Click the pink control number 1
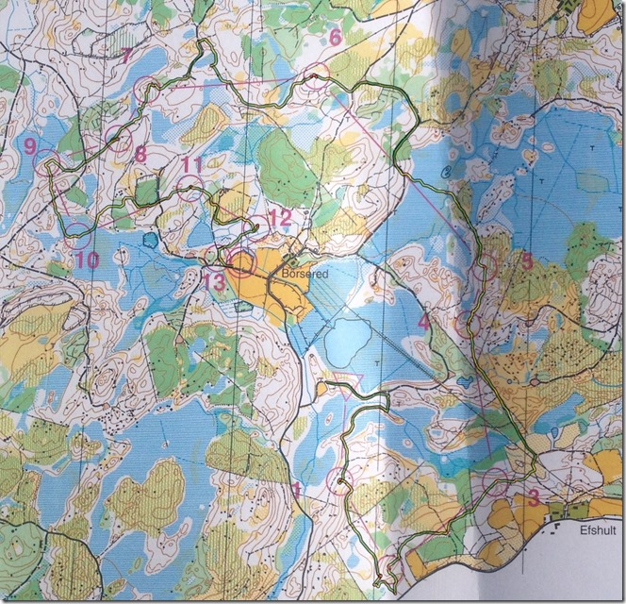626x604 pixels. click(x=297, y=488)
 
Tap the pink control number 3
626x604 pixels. click(x=534, y=497)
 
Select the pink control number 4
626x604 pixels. click(x=424, y=322)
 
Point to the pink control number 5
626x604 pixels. click(x=527, y=260)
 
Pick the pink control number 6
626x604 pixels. click(x=334, y=38)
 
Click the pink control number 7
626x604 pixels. click(x=126, y=54)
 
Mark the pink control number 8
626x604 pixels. click(x=140, y=152)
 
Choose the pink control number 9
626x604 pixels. click(x=31, y=145)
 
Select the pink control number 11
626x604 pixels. click(x=192, y=164)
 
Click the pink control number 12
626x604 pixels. click(x=280, y=217)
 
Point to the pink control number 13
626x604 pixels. click(x=213, y=280)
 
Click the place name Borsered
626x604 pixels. click(x=303, y=273)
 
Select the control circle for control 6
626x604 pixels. click(x=318, y=75)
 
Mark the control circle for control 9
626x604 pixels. click(x=46, y=159)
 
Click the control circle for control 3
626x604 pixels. click(x=496, y=481)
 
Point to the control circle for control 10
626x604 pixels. click(x=77, y=226)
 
